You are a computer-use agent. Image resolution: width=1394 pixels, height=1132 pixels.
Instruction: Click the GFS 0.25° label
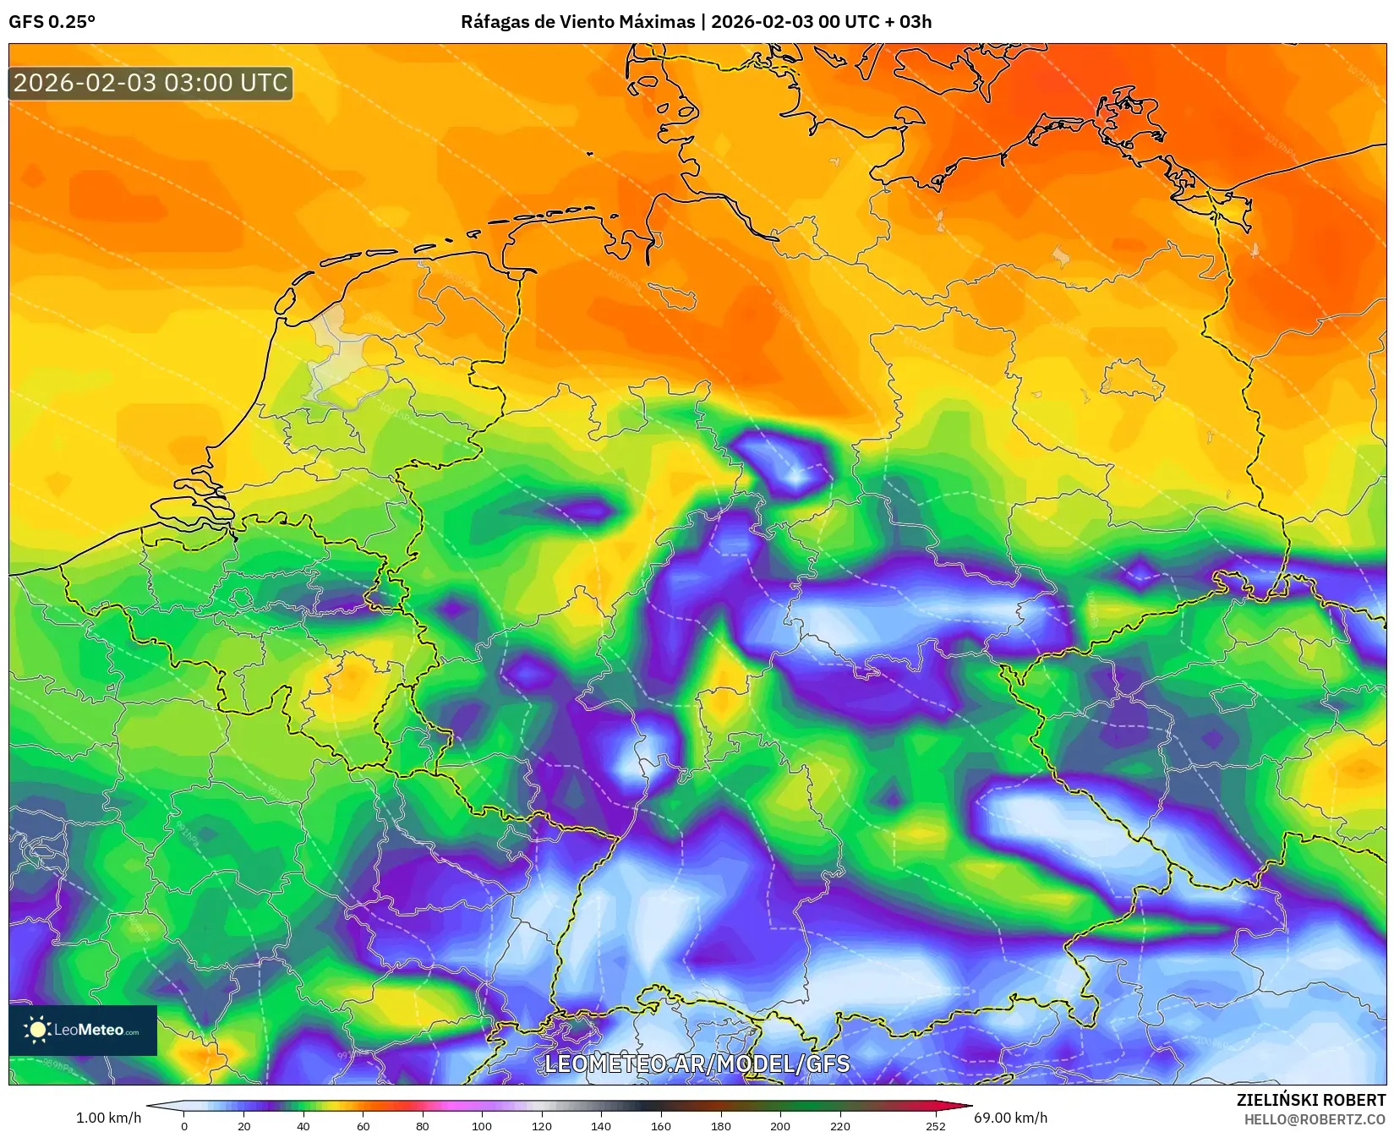point(52,22)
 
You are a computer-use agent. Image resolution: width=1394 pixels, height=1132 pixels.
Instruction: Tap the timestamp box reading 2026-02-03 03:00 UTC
point(150,83)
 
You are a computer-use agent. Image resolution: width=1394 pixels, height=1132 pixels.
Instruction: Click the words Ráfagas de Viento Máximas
point(577,22)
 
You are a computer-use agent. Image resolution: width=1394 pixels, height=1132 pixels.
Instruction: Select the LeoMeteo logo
point(83,1030)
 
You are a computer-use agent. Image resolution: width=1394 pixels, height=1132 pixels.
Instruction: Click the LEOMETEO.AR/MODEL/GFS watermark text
point(697,1064)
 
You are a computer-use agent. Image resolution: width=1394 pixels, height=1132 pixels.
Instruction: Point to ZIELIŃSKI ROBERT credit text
point(1311,1100)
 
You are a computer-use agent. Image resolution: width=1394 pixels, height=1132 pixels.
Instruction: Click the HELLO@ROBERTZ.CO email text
point(1315,1119)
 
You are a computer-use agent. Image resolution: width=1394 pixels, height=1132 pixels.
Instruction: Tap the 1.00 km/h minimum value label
point(108,1118)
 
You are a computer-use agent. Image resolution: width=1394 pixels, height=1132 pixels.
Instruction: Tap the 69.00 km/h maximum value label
point(1010,1118)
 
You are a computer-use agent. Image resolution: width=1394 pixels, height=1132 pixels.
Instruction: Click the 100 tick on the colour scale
point(482,1125)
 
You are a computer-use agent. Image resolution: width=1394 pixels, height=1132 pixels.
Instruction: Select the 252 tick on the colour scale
point(935,1125)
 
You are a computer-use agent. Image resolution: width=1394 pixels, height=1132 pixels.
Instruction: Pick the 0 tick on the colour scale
point(184,1125)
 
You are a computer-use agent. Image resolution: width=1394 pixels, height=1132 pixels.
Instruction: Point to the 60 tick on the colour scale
point(363,1125)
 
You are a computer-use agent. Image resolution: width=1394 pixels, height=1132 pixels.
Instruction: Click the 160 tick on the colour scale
point(660,1125)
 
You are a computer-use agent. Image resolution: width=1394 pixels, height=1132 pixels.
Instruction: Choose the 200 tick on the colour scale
point(779,1125)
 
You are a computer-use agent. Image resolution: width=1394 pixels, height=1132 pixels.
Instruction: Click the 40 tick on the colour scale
point(303,1125)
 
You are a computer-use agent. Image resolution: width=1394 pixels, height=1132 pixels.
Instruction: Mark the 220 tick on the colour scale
point(839,1125)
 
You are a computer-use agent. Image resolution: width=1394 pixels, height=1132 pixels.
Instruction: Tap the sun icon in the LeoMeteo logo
point(37,1029)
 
